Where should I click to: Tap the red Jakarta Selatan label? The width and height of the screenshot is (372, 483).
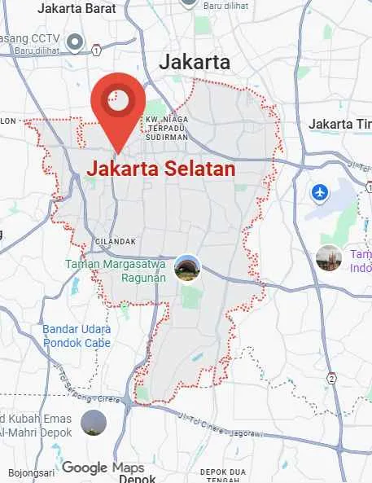click(x=160, y=169)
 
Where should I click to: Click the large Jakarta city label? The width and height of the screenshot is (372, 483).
click(x=195, y=62)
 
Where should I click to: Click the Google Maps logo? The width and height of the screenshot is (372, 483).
click(x=103, y=468)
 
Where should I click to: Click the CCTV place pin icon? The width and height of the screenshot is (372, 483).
click(x=75, y=41)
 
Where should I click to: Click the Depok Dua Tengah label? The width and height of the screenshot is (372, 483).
click(x=223, y=476)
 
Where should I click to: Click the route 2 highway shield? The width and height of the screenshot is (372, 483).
click(x=331, y=379)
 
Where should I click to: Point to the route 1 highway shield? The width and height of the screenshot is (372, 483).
click(x=96, y=50)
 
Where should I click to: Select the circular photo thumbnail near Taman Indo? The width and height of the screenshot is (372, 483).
click(x=329, y=258)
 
